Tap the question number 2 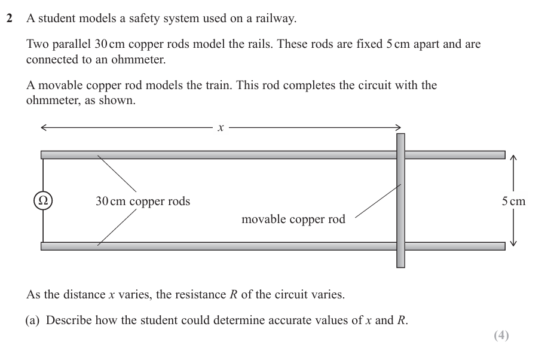coord(10,19)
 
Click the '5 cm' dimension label coord(513,201)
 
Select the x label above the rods coord(221,127)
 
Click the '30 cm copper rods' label coord(143,201)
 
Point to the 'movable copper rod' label coord(293,219)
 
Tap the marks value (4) coord(501,335)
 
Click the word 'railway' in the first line coord(275,19)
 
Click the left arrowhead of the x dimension coord(44,127)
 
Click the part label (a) coord(33,320)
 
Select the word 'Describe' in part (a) coord(69,320)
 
